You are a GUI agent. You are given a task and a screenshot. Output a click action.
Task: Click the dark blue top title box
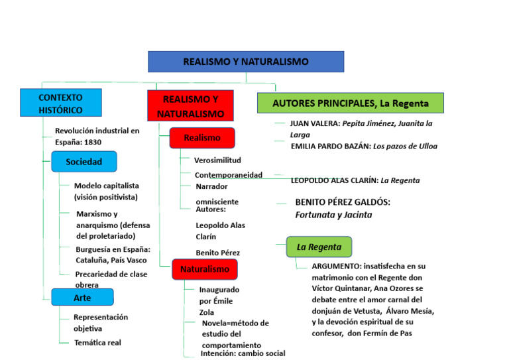[x=246, y=62]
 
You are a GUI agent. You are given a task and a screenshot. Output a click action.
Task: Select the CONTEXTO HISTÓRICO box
[x=61, y=103]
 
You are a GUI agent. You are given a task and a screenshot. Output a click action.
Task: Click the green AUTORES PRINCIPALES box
[x=350, y=103]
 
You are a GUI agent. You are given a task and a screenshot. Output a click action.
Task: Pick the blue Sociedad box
[x=84, y=162]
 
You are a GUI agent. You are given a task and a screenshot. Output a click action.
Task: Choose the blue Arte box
[x=82, y=298]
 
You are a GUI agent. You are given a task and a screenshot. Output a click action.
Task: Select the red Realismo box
[x=201, y=138]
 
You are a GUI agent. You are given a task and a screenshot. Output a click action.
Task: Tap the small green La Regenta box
[x=319, y=247]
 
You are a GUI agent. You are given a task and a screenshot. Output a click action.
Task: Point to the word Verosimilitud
[x=217, y=160]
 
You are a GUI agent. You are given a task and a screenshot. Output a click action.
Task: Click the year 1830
[x=93, y=142]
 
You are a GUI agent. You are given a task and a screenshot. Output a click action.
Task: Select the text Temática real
[x=97, y=343]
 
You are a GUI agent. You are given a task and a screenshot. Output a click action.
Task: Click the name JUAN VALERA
[x=315, y=123]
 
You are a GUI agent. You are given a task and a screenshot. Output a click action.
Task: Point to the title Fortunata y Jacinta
[x=333, y=215]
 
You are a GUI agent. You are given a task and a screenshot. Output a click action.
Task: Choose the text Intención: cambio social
[x=243, y=353]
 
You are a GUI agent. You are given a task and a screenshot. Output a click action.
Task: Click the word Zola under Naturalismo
[x=207, y=312]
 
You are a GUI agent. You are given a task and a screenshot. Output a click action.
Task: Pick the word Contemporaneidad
[x=229, y=175]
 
